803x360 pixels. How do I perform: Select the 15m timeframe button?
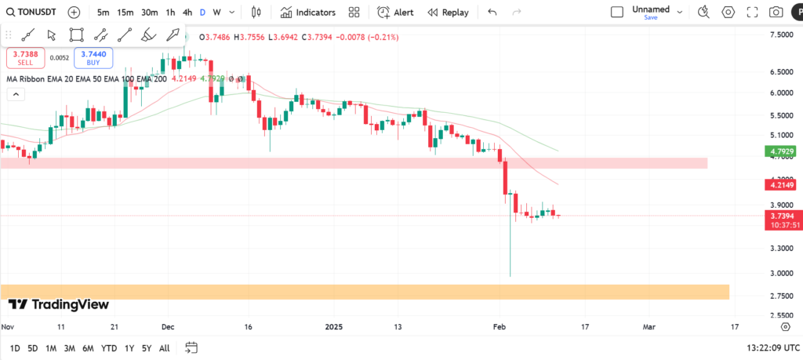125,13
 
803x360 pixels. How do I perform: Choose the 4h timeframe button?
187,13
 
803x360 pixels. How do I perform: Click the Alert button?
395,13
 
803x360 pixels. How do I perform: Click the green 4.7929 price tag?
783,151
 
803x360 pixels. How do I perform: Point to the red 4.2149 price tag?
783,185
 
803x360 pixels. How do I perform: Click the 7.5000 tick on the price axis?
782,35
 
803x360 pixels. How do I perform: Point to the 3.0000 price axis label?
782,273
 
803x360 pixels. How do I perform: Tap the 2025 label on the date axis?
335,325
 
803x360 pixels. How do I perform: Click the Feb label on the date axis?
500,325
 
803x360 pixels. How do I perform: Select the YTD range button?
109,348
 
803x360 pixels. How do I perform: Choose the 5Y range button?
147,348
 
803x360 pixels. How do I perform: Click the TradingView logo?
59,304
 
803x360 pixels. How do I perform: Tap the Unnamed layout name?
651,9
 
